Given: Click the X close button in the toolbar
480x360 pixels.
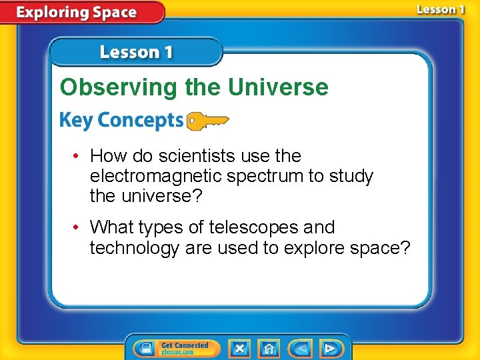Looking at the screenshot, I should pyautogui.click(x=239, y=348).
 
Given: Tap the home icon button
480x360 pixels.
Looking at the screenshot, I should pyautogui.click(x=269, y=348).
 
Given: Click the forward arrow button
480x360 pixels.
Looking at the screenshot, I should pyautogui.click(x=329, y=348).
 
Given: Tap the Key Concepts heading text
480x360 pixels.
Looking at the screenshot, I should pyautogui.click(x=121, y=121).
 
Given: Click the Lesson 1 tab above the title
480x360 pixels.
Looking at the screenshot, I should pyautogui.click(x=136, y=52).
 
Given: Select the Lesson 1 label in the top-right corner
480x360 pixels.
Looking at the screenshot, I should pyautogui.click(x=441, y=9).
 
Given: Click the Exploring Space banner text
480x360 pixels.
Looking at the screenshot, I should pyautogui.click(x=77, y=12).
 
